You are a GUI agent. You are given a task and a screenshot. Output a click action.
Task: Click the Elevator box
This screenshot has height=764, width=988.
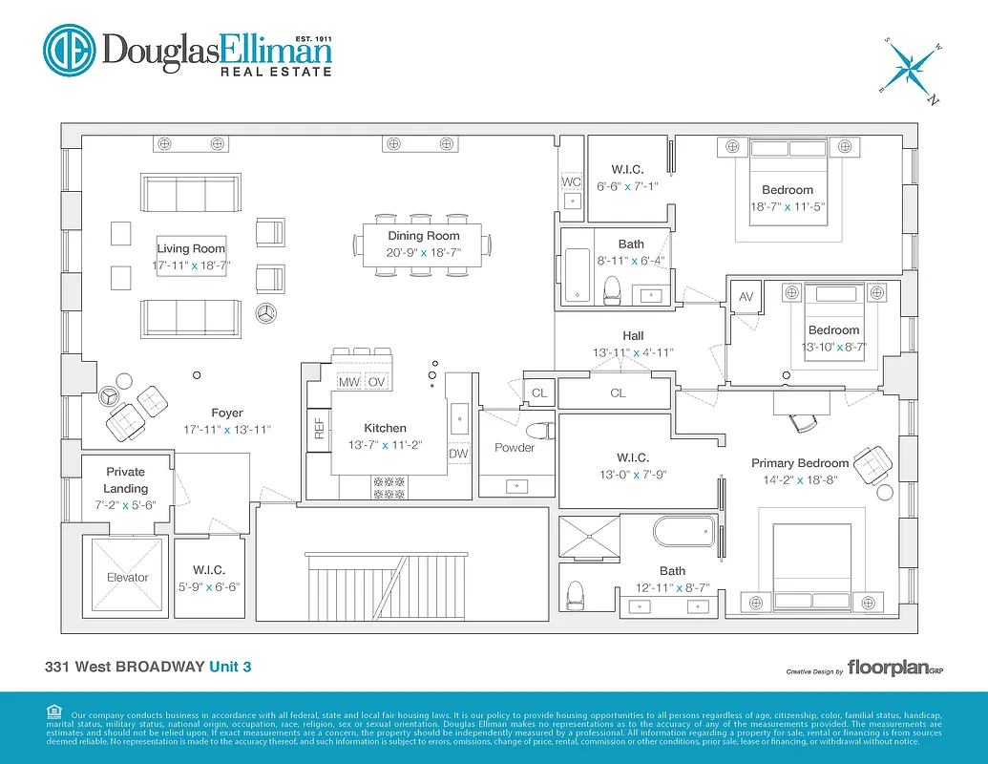[x=127, y=576]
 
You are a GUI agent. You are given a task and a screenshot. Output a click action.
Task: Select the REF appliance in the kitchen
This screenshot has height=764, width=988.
[x=320, y=427]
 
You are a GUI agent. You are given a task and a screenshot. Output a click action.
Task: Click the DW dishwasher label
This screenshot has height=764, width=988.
[x=458, y=454]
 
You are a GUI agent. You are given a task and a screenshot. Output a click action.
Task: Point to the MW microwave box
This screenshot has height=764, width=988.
[x=348, y=382]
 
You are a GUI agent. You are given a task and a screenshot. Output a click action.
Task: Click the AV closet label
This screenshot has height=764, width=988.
[x=746, y=297]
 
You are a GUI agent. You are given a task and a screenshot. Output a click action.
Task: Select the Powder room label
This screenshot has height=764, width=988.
[x=515, y=447]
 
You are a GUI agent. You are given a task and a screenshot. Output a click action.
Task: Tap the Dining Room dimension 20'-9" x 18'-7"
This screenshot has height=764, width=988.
[x=423, y=253]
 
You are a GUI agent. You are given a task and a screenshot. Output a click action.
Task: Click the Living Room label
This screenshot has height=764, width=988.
[x=192, y=248]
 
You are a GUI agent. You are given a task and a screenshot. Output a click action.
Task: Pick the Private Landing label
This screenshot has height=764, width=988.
[x=125, y=479]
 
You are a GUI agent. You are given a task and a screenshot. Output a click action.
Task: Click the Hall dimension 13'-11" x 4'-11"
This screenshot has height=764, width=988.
[x=633, y=352]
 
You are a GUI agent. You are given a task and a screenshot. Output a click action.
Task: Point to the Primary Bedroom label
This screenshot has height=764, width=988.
[x=800, y=463]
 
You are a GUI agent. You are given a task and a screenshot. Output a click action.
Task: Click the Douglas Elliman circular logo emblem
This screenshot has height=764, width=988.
[x=68, y=51]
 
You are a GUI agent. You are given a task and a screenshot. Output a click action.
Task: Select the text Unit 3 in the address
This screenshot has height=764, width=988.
[x=231, y=666]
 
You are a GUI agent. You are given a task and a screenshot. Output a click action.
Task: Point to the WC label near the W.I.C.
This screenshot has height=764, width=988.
[x=571, y=181]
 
